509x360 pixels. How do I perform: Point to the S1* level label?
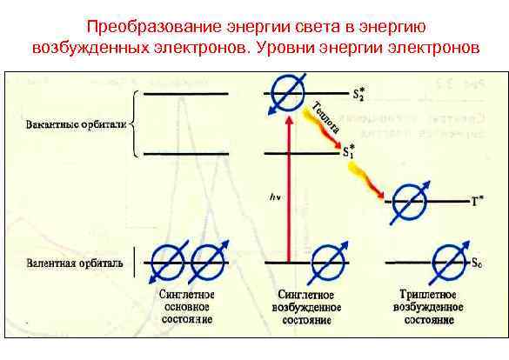[349, 150]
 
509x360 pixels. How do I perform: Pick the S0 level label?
[475, 262]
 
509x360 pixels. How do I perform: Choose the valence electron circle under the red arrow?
[329, 260]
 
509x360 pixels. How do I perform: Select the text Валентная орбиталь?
[75, 261]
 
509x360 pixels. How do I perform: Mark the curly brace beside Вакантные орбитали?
[137, 124]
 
